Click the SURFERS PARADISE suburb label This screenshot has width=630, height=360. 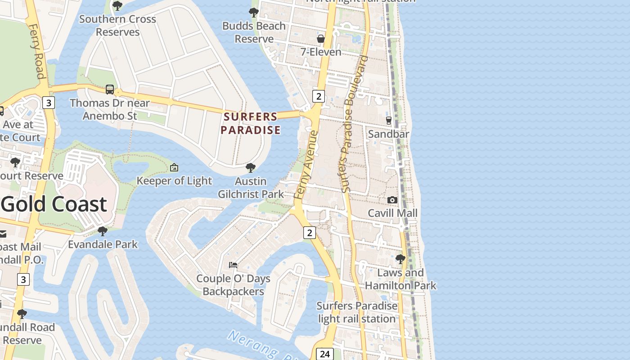click(251, 123)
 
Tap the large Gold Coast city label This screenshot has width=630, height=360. click(54, 204)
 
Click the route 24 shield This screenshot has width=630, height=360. click(324, 354)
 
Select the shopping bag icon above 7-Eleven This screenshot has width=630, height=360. click(321, 39)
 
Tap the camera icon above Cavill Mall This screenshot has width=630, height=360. click(392, 200)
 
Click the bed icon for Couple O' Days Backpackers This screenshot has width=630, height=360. click(233, 265)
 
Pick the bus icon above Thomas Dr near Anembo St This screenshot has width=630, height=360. click(110, 89)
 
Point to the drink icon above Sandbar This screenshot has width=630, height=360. click(389, 121)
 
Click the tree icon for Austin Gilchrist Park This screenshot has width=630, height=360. click(251, 168)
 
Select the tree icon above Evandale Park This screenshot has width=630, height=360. click(103, 231)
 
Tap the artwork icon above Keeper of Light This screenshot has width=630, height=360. click(174, 168)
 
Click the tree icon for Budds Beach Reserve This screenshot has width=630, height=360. click(254, 13)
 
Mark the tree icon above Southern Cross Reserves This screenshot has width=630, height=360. click(117, 6)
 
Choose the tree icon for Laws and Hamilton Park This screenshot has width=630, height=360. click(400, 259)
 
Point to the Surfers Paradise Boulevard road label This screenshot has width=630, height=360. click(354, 124)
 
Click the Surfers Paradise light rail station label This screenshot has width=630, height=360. click(357, 312)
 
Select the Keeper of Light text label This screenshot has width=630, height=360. click(174, 181)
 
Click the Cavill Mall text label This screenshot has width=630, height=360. click(393, 213)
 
